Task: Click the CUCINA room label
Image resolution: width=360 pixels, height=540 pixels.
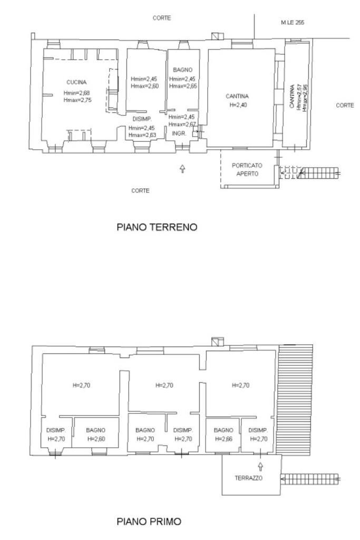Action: point(76,82)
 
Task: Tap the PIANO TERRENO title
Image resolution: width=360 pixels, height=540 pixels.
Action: point(157,227)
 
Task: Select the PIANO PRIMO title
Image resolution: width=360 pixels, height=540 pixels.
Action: point(148,522)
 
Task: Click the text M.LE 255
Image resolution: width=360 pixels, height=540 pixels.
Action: point(293,23)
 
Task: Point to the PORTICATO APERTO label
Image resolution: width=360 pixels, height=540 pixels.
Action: point(247,169)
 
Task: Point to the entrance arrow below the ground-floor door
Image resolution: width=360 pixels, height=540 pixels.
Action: point(182,169)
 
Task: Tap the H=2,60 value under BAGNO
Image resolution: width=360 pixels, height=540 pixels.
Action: point(95,439)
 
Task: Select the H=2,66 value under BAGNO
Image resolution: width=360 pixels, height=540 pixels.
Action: point(223,439)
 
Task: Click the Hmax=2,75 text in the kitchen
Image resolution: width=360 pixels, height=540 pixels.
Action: point(77,99)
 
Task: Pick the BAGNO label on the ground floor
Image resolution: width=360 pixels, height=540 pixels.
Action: point(182,70)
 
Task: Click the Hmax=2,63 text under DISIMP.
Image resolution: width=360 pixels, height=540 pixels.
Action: point(142,135)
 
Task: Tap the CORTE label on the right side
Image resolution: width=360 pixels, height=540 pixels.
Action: point(345,105)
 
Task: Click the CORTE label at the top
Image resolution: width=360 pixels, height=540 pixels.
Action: point(161,18)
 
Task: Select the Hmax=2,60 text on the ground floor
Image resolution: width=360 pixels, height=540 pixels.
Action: point(144,86)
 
